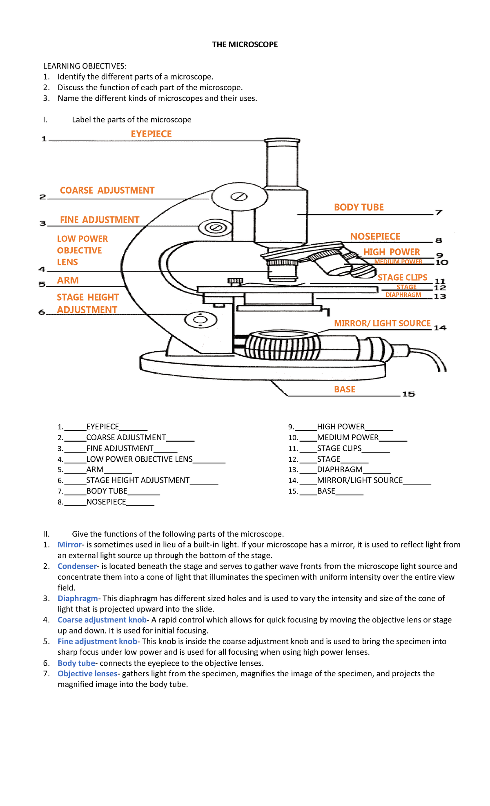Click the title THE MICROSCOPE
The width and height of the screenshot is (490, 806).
pos(245,44)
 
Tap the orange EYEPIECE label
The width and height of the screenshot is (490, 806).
pos(151,134)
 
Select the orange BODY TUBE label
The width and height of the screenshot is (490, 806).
pos(359,207)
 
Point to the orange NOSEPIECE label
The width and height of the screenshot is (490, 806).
pos(375,237)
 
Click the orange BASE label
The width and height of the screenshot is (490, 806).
pos(345,390)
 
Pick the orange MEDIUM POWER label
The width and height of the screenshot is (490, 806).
pos(398,262)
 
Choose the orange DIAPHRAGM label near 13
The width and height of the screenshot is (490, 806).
pos(403,295)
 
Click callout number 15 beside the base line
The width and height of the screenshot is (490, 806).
pos(408,394)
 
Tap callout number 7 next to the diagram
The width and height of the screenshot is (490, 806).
pos(439,212)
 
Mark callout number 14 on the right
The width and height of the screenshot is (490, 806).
pos(440,328)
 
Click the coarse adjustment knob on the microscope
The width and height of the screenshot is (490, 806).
pos(239,197)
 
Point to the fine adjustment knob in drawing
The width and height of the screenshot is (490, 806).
pos(216,227)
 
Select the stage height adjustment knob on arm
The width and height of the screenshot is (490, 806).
pos(200,320)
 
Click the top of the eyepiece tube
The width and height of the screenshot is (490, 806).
pos(282,141)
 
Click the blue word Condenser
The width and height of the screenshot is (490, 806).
pos(77,566)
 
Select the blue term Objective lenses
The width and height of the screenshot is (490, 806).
pos(87,673)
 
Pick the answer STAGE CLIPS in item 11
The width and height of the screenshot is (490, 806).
pos(339,448)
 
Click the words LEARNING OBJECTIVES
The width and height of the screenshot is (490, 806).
pos(85,66)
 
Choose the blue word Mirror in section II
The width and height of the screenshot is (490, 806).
pos(69,545)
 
